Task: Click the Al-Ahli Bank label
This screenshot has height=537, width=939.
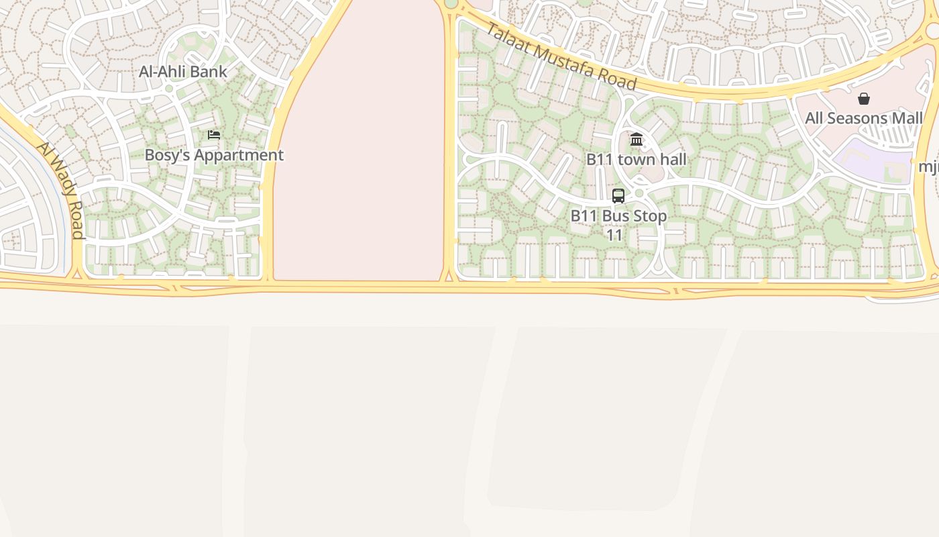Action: point(182,72)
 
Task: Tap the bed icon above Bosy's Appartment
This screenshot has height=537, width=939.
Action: point(214,135)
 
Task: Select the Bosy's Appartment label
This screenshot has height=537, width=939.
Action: point(214,155)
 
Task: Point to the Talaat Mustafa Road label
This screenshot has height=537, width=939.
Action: point(561,56)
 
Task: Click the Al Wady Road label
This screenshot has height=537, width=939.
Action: point(61,190)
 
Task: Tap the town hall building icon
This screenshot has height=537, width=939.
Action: point(637,140)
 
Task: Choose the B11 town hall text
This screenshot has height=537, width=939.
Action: point(637,159)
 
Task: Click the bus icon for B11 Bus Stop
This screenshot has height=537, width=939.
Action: point(618,196)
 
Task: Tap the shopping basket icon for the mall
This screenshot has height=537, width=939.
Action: point(864,99)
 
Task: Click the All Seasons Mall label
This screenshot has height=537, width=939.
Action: point(864,119)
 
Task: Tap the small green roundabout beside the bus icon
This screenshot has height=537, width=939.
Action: point(639,193)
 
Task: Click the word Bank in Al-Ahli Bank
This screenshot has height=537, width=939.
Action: point(208,72)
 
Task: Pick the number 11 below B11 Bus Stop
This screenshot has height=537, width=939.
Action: point(614,236)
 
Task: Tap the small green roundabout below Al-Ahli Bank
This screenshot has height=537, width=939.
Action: point(169,88)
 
